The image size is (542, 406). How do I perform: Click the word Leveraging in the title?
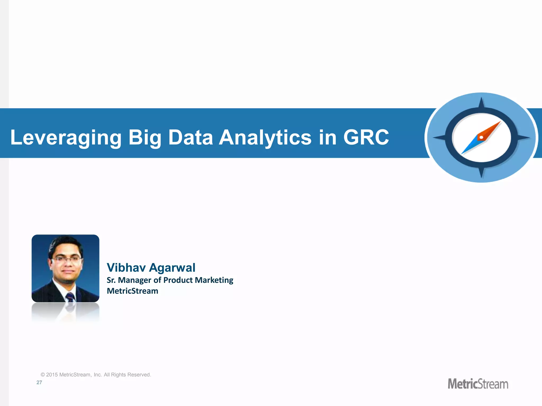coord(66,137)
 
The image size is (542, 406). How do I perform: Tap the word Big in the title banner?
coord(144,137)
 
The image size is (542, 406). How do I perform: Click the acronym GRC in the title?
coord(366,137)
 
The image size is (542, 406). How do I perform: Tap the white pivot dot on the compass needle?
coord(481,137)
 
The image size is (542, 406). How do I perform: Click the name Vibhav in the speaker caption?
coord(126,267)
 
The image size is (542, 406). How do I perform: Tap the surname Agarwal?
coord(172,267)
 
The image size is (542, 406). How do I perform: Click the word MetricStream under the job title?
coord(132,291)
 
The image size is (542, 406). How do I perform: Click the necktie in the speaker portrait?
coord(70,297)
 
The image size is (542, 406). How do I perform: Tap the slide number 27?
coord(39,382)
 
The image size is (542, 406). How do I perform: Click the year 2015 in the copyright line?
coord(52,375)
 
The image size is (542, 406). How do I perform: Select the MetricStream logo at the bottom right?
coord(478,384)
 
